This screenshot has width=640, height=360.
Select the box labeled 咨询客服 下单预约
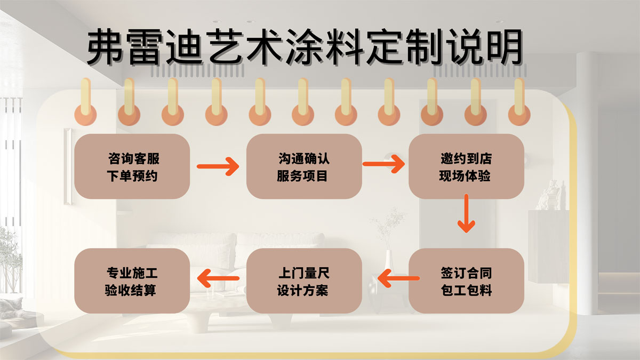(132, 166)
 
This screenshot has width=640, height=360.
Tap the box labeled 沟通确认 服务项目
(304, 166)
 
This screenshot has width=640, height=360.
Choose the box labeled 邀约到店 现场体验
(466, 166)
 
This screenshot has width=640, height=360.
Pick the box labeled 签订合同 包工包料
(466, 281)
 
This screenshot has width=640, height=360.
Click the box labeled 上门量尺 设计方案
(304, 281)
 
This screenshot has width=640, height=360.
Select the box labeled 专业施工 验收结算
(132, 281)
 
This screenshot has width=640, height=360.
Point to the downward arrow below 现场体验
(467, 213)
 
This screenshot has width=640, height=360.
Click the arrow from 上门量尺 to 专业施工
(219, 277)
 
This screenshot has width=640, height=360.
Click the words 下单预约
(132, 175)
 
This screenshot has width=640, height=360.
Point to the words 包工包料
(466, 291)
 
